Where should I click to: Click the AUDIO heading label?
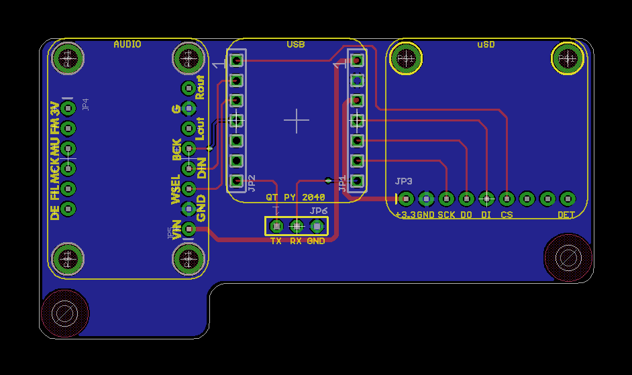pyautogui.click(x=127, y=44)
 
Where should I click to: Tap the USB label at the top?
pyautogui.click(x=295, y=44)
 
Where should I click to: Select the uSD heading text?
pyautogui.click(x=486, y=44)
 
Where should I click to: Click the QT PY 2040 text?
pyautogui.click(x=295, y=197)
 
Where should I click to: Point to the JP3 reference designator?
pyautogui.click(x=403, y=182)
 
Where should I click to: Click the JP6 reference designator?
pyautogui.click(x=319, y=211)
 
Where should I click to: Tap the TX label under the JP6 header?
pyautogui.click(x=276, y=240)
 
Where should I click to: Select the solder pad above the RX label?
pyautogui.click(x=296, y=227)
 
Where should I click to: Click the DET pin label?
pyautogui.click(x=566, y=215)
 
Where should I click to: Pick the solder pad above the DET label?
pyautogui.click(x=568, y=199)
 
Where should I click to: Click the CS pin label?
pyautogui.click(x=507, y=215)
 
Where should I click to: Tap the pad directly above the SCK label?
pyautogui.click(x=446, y=199)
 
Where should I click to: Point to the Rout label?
pyautogui.click(x=200, y=87)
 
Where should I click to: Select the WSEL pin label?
pyautogui.click(x=176, y=189)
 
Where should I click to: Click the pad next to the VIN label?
pyautogui.click(x=189, y=229)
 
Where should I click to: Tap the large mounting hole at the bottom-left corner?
pyautogui.click(x=64, y=313)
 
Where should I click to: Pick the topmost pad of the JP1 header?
pyautogui.click(x=358, y=60)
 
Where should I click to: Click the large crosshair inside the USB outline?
pyautogui.click(x=296, y=120)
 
